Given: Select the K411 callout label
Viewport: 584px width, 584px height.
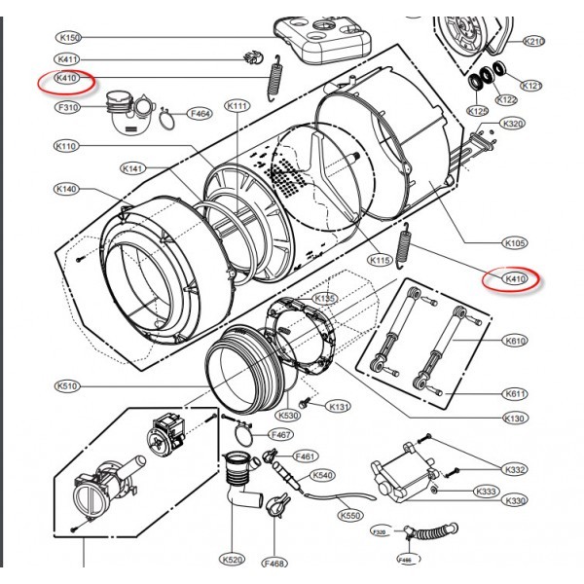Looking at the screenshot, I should (x=67, y=60).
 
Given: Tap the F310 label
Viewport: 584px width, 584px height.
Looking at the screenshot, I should (x=68, y=106).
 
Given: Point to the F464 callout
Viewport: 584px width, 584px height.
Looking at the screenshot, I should (x=201, y=113).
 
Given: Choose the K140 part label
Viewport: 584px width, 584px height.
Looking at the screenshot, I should (x=67, y=188).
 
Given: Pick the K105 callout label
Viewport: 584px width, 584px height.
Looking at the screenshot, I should (x=516, y=242).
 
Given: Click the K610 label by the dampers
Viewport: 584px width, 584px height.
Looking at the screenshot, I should (x=516, y=342).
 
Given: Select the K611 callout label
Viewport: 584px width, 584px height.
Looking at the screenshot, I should (x=516, y=393).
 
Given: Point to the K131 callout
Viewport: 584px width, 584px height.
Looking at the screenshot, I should (x=338, y=406).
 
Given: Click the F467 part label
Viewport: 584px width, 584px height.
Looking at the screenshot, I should (x=282, y=433).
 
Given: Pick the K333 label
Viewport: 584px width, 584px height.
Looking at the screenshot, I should (x=488, y=492).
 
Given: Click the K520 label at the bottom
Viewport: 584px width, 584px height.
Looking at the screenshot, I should (x=232, y=560).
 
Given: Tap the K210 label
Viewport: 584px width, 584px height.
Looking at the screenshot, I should (x=534, y=42).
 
